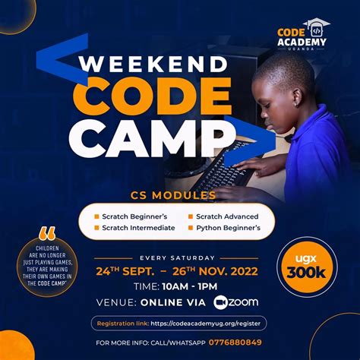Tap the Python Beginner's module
(228, 227)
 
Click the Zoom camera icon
(221, 302)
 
